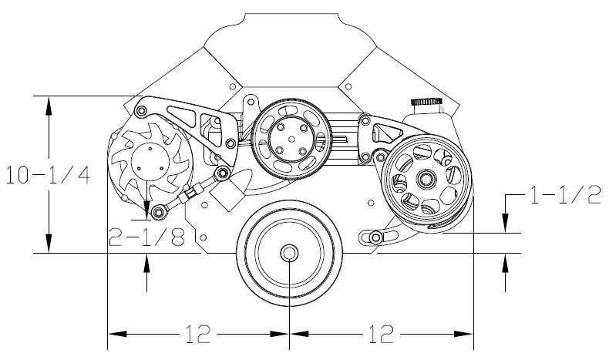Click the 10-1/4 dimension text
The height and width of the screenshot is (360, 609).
(x=48, y=175)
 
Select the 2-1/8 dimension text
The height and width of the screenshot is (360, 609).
(x=146, y=237)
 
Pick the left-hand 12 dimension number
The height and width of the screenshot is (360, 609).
(x=198, y=334)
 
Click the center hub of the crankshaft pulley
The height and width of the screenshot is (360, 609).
(x=289, y=253)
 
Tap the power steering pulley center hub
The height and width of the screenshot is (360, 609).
(x=425, y=180)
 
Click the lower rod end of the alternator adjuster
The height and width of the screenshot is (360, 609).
(x=158, y=210)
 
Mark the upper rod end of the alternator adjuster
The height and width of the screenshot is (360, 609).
(x=220, y=173)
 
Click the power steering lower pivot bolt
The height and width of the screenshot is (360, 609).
(x=375, y=237)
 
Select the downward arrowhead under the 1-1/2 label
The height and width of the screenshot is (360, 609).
(x=505, y=224)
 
